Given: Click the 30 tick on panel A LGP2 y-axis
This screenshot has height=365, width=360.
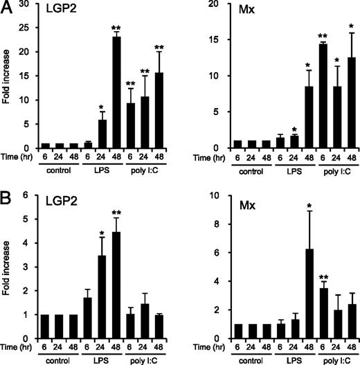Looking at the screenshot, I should (x=32, y=4).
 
